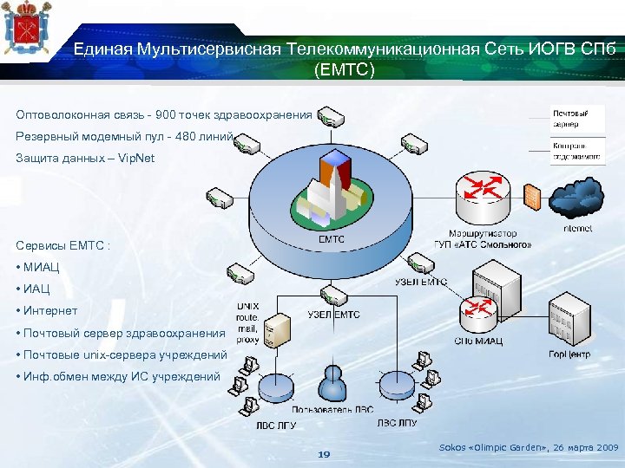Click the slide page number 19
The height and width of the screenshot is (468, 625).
325,454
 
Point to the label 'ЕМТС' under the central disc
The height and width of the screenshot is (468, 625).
332,239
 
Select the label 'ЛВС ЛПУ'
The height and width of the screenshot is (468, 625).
397,424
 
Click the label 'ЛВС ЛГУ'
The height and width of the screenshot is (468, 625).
276,425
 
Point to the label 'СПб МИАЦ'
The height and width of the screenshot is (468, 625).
478,341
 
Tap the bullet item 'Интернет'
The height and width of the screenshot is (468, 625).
50,310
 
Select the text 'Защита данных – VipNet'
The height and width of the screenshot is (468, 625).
85,159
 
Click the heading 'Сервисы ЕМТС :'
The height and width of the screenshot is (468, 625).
63,244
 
